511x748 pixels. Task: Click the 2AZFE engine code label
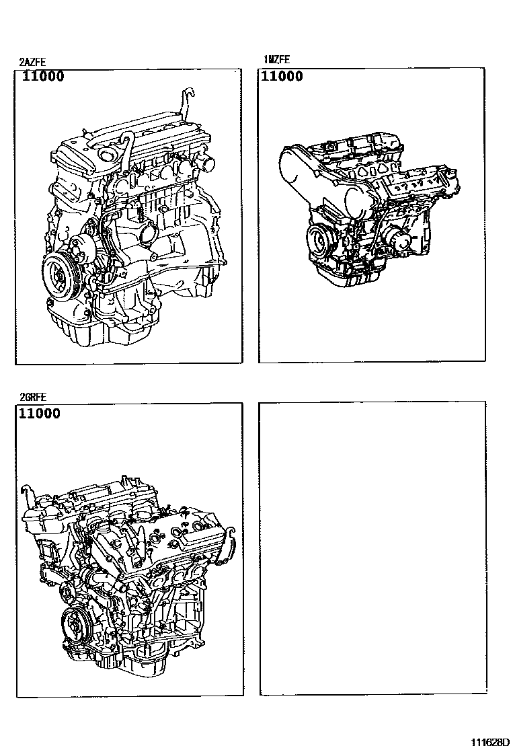pyautogui.click(x=32, y=62)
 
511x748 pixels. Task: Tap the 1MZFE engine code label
pyautogui.click(x=276, y=60)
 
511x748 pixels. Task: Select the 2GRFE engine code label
pyautogui.click(x=33, y=397)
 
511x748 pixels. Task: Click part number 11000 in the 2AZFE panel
pyautogui.click(x=43, y=76)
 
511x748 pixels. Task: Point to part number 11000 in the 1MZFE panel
pyautogui.click(x=282, y=76)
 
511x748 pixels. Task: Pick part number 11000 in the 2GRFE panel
pyautogui.click(x=40, y=413)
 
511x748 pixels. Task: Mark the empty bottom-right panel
pyautogui.click(x=372, y=548)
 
